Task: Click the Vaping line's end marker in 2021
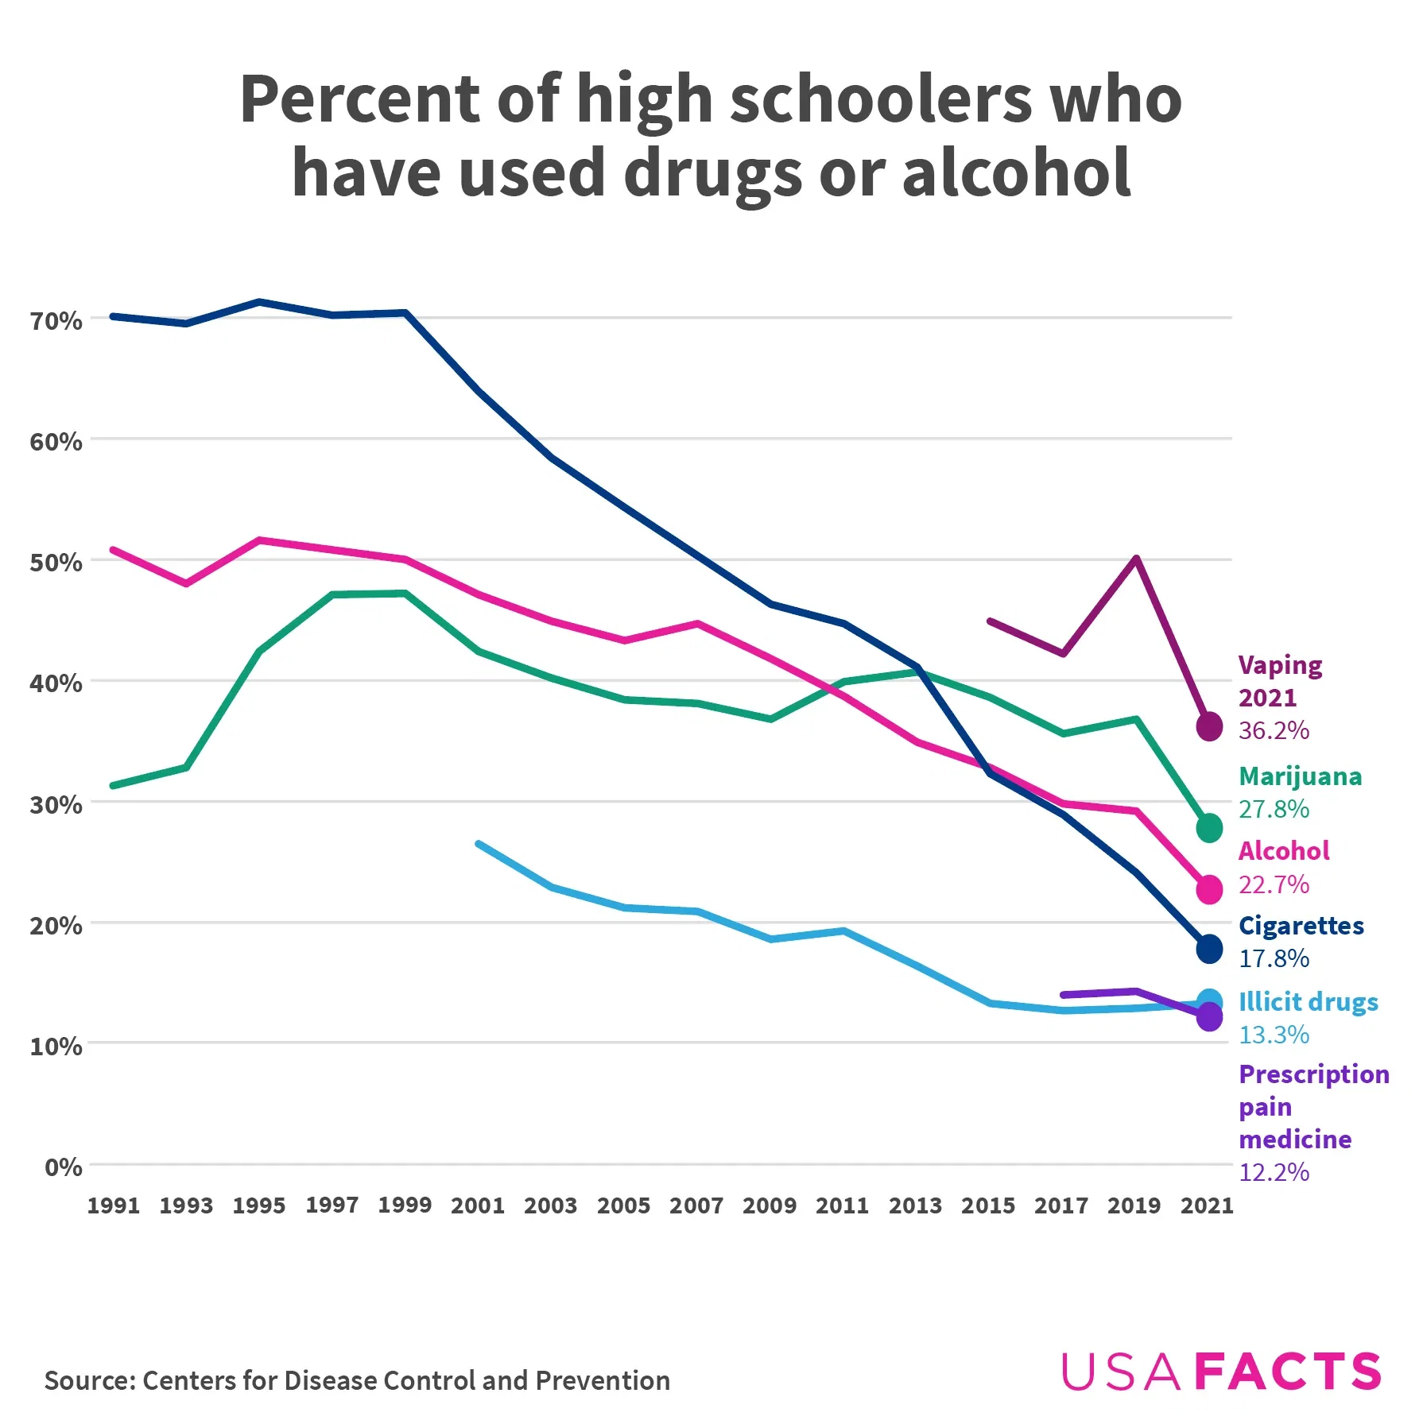[1209, 726]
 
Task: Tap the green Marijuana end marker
[1209, 828]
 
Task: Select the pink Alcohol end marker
[1209, 889]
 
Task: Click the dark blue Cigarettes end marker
[1209, 949]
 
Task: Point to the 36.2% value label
[1274, 730]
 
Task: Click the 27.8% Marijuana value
[1274, 809]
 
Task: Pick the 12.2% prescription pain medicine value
[1274, 1171]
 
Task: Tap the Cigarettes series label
[1301, 926]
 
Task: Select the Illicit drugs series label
[1308, 1002]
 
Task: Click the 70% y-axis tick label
[56, 321]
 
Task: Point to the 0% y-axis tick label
[63, 1167]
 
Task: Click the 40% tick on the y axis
[56, 683]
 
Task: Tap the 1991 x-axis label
[114, 1205]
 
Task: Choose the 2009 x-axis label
[770, 1205]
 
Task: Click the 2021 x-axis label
[1207, 1205]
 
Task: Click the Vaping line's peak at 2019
[1137, 559]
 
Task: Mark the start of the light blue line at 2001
[478, 843]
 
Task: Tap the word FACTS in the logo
[1288, 1372]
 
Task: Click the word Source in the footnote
[88, 1380]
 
